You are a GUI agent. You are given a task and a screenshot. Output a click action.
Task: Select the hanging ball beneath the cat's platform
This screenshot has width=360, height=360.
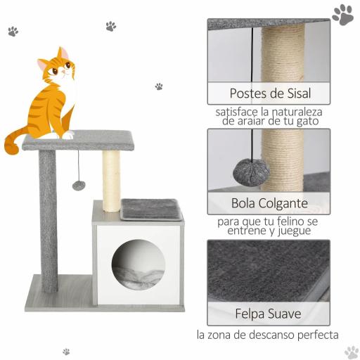pos(79,186)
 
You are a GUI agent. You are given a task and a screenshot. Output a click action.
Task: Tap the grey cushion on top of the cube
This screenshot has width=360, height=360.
pos(150,208)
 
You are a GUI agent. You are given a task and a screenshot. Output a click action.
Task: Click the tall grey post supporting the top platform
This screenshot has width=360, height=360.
pos(48,218)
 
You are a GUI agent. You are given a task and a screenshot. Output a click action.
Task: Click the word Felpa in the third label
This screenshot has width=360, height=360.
pos(250,314)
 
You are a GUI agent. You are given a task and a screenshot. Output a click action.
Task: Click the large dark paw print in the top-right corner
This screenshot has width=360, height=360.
pos(343,14)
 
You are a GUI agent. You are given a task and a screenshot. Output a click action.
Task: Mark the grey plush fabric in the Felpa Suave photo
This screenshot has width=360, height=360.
pos(267,271)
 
